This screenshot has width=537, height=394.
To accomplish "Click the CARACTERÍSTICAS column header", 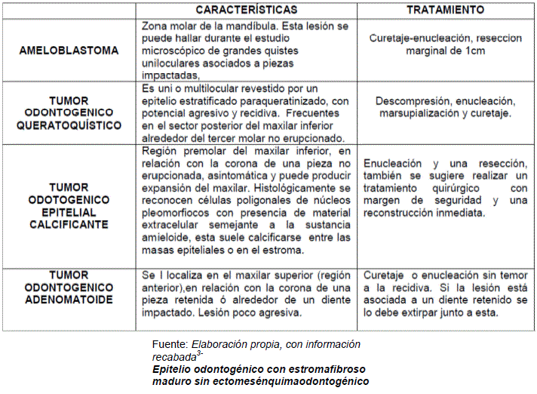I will pos(246,11).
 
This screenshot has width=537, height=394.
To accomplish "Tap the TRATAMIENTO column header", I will pos(445,11).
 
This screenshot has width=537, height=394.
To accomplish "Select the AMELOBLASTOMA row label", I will pos(69,51).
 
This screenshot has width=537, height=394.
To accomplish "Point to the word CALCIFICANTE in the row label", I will pos(69,224).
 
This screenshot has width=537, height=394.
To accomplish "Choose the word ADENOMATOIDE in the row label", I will pos(69,299).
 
